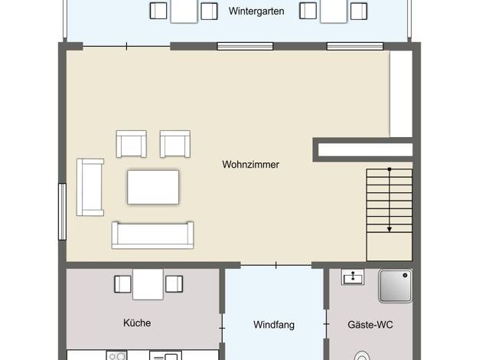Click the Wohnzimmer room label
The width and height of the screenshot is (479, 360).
250,165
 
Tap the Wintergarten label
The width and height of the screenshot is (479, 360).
256,11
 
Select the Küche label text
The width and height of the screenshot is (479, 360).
137,322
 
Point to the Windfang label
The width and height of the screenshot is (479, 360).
274,325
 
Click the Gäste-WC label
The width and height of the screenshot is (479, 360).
370,325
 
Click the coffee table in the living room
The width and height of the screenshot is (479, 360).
153,187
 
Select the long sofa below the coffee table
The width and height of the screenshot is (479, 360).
153,235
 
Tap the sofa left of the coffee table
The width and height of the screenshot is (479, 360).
90,187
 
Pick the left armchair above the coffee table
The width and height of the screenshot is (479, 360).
132,144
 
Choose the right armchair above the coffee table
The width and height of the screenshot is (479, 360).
175,144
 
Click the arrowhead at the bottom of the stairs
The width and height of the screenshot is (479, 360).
389,229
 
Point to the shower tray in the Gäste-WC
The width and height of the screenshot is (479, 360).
396,286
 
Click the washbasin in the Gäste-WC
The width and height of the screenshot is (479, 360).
353,277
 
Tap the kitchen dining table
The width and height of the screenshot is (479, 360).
148,284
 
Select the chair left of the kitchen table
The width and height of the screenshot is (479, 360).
122,284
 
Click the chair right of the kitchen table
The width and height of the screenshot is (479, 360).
174,284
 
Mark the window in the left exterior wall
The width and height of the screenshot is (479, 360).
62,211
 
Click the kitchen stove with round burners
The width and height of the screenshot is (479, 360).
117,355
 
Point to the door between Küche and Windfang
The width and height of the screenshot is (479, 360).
222,328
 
